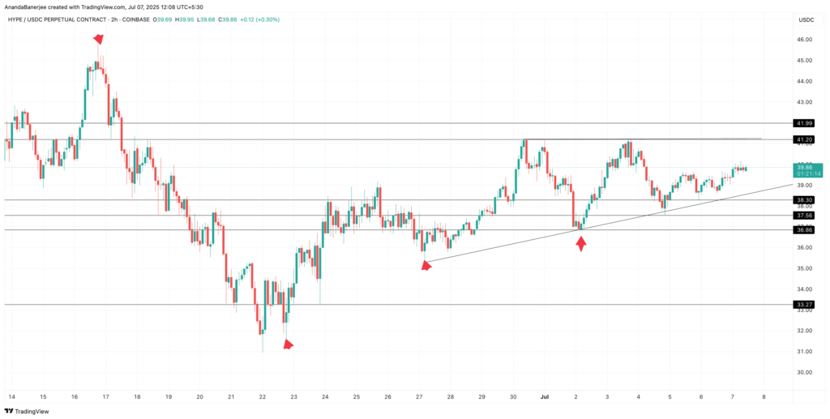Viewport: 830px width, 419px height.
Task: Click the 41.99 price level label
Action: pyautogui.click(x=805, y=123)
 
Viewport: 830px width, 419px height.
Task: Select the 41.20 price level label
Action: pyautogui.click(x=805, y=139)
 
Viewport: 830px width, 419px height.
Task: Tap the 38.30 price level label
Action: pyautogui.click(x=805, y=199)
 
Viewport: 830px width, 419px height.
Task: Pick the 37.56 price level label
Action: pyautogui.click(x=805, y=215)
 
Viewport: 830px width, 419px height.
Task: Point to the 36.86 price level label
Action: pyautogui.click(x=805, y=230)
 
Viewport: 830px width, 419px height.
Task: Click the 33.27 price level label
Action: pyautogui.click(x=805, y=305)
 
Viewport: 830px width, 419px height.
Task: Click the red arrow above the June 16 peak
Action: pyautogui.click(x=98, y=39)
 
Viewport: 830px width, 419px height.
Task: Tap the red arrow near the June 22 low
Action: pyautogui.click(x=288, y=344)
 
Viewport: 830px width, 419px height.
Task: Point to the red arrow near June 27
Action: pyautogui.click(x=426, y=264)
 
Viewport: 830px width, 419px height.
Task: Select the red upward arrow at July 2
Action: pyautogui.click(x=580, y=242)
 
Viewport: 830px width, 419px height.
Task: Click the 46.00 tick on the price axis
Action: pyautogui.click(x=804, y=40)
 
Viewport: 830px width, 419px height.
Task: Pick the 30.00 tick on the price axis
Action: pyautogui.click(x=804, y=373)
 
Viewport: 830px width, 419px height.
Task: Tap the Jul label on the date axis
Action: pyautogui.click(x=545, y=397)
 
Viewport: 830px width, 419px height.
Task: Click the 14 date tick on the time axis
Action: pyautogui.click(x=11, y=397)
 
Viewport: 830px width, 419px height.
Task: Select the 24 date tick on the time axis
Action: pyautogui.click(x=325, y=397)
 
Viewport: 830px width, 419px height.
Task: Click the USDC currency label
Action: pyautogui.click(x=806, y=19)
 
